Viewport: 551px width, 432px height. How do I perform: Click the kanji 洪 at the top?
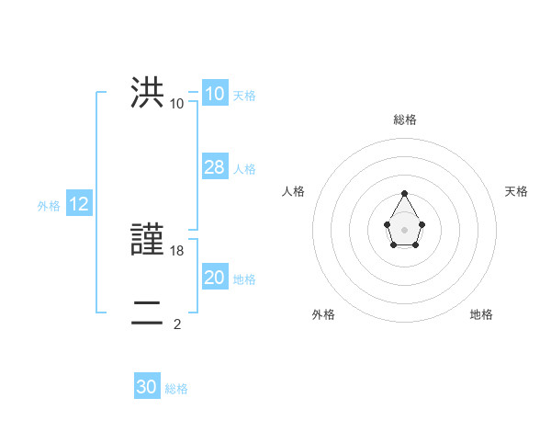click(147, 93)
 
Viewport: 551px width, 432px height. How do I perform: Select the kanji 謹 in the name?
click(147, 241)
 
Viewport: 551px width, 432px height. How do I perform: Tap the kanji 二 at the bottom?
click(147, 313)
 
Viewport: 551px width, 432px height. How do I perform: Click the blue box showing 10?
click(214, 94)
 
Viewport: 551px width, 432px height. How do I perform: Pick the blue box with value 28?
click(214, 167)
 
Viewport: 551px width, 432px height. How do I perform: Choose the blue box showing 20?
click(214, 278)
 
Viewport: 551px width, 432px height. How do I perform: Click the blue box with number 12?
click(79, 205)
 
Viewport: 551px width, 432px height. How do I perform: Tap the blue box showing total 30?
click(147, 387)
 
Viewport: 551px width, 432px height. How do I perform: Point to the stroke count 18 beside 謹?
click(178, 251)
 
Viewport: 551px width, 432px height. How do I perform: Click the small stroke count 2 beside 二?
click(177, 324)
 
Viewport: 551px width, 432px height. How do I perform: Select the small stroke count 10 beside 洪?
click(177, 104)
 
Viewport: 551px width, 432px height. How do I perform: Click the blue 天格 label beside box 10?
click(244, 96)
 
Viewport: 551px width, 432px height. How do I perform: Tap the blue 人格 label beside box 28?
click(244, 169)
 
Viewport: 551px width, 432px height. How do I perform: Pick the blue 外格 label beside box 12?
click(49, 207)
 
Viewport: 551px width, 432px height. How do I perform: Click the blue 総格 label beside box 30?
click(176, 389)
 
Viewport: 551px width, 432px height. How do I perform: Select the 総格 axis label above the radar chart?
click(405, 119)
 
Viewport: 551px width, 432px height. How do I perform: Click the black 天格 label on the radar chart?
click(516, 191)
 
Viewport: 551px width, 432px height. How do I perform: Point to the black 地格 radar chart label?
click(481, 314)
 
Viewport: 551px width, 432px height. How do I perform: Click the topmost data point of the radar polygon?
click(405, 193)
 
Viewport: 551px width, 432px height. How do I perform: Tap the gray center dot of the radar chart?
click(405, 229)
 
